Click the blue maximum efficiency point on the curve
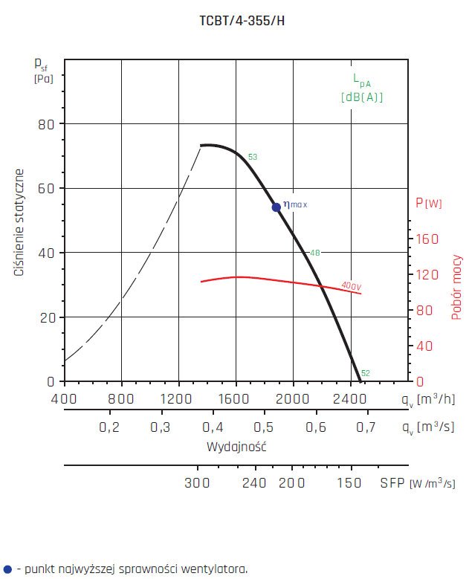(276, 207)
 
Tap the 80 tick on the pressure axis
(46, 123)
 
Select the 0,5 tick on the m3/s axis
(264, 427)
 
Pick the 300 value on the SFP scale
(198, 482)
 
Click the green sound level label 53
(253, 157)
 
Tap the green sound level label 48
(314, 253)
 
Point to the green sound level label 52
(365, 373)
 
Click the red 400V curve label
(352, 285)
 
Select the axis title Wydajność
(236, 447)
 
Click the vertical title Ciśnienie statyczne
(20, 223)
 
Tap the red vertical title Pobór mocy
(456, 287)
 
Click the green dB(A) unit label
(362, 97)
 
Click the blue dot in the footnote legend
(7, 569)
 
